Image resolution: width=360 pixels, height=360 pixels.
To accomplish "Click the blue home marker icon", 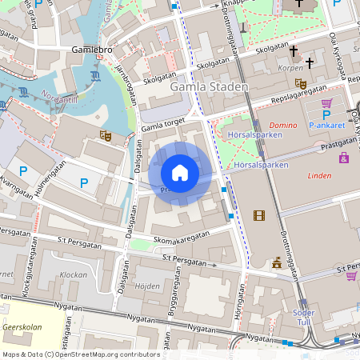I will pyautogui.click(x=180, y=173).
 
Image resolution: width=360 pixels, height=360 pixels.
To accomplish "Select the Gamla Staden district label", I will pyautogui.click(x=216, y=86).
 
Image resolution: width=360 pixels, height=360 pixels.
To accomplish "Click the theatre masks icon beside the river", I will pyautogui.click(x=104, y=136).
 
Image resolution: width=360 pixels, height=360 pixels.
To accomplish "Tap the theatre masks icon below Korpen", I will pyautogui.click(x=301, y=83).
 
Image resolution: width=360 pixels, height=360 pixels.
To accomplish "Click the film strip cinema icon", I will pyautogui.click(x=258, y=214).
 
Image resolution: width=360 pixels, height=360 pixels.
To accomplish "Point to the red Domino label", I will pyautogui.click(x=282, y=126).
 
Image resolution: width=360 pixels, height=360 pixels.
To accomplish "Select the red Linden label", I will pyautogui.click(x=318, y=175).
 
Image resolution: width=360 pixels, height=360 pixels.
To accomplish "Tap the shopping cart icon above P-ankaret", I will pyautogui.click(x=326, y=103).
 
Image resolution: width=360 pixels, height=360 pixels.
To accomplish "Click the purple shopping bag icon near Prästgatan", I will pyautogui.click(x=344, y=158).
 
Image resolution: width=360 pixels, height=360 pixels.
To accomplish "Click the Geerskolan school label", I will pyautogui.click(x=22, y=327).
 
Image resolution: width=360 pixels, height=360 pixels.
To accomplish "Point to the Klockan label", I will pyautogui.click(x=74, y=274).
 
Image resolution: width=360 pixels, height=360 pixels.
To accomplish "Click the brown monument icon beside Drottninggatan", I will pyautogui.click(x=276, y=262).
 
